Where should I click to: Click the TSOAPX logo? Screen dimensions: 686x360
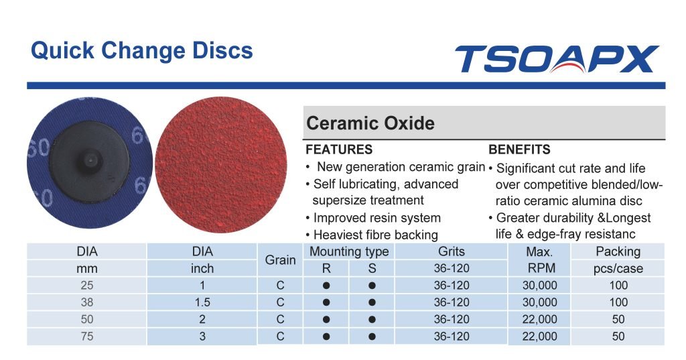[557, 59]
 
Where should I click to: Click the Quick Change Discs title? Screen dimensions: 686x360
[142, 50]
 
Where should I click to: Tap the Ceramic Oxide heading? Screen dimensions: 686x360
[370, 123]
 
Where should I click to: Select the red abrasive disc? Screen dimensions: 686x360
[221, 165]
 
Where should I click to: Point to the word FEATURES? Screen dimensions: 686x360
[339, 149]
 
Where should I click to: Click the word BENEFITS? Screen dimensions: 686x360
[519, 149]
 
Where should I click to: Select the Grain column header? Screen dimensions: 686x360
[281, 259]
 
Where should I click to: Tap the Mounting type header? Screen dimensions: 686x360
[349, 251]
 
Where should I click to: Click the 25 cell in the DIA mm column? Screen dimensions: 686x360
[87, 285]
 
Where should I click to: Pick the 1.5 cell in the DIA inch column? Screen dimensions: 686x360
[202, 302]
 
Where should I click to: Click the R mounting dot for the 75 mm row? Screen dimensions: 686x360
[326, 337]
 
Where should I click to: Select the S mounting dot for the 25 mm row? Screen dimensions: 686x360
[372, 286]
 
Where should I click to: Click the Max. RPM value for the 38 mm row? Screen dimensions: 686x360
[540, 302]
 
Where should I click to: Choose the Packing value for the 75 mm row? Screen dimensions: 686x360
[618, 337]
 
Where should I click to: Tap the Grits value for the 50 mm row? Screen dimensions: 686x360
[452, 319]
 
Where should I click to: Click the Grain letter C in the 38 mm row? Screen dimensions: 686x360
[281, 302]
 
